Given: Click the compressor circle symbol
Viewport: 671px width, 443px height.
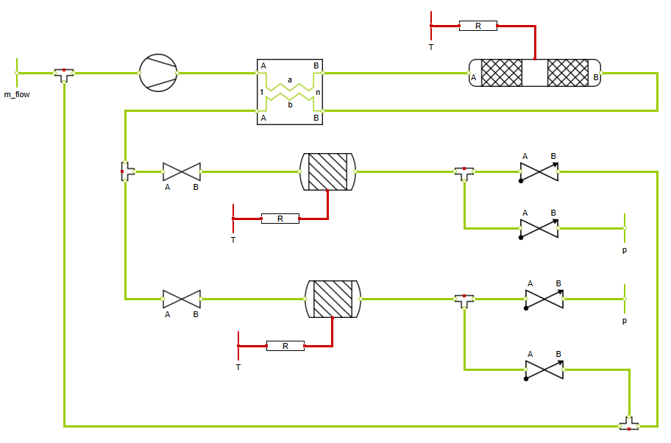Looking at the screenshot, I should (158, 73).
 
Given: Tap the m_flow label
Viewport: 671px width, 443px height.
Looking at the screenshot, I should (17, 93).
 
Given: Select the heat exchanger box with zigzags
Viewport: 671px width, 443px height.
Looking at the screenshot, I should (290, 92).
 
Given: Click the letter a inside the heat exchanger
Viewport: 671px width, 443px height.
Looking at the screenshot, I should (290, 79).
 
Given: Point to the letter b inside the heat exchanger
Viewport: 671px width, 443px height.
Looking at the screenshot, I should (290, 105).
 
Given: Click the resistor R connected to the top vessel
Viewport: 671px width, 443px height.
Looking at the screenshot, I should (477, 26).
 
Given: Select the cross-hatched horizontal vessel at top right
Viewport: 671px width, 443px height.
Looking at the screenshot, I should (535, 73).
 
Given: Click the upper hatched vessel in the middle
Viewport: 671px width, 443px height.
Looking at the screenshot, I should (327, 171).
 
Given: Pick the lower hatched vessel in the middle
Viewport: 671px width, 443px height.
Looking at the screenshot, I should (333, 299).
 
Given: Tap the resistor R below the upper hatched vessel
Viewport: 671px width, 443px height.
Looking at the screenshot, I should (280, 219).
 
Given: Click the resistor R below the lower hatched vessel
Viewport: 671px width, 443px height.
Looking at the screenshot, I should (285, 345).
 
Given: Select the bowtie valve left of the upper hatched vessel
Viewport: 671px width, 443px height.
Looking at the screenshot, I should (181, 172).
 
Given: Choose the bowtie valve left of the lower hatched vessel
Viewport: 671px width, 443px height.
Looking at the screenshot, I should (181, 299).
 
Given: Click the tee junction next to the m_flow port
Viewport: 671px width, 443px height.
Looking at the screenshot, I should (64, 74).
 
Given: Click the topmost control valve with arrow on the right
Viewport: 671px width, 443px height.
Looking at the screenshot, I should (539, 172).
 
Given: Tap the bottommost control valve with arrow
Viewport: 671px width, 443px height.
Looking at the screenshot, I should (544, 369).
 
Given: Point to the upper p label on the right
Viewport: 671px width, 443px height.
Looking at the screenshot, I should (625, 250).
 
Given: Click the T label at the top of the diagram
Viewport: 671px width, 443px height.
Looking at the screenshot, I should (431, 46).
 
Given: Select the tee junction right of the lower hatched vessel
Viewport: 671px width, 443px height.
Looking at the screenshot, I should (464, 300).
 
